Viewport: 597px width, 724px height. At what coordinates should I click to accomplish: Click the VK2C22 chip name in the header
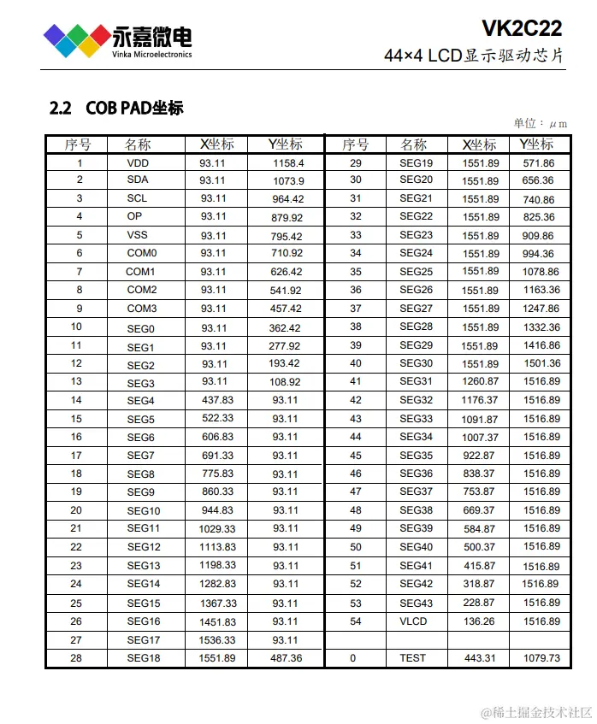point(522,29)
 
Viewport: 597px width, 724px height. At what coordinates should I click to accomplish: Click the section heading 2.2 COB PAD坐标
point(117,109)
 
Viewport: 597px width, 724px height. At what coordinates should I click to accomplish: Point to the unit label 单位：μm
point(541,123)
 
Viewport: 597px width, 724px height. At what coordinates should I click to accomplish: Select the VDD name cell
point(137,162)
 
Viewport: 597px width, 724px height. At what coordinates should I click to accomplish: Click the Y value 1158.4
point(288,162)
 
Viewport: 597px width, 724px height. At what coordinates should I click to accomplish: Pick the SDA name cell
point(137,180)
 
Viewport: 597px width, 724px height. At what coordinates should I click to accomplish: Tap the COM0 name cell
point(141,253)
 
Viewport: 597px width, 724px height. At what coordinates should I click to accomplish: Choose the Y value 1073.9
point(288,180)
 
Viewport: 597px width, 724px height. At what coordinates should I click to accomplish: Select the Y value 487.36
point(286,657)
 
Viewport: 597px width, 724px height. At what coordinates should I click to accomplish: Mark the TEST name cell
point(412,657)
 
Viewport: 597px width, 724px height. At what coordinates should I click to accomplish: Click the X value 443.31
point(480,657)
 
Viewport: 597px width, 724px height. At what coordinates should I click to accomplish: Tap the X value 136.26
point(480,621)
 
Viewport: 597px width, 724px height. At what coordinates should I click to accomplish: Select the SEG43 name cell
point(416,603)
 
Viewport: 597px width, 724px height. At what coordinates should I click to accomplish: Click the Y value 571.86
point(539,162)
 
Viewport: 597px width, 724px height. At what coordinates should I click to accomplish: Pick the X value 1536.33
point(216,639)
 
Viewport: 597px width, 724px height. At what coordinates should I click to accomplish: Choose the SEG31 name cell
point(416,381)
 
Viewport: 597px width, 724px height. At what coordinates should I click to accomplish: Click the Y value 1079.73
point(541,657)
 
